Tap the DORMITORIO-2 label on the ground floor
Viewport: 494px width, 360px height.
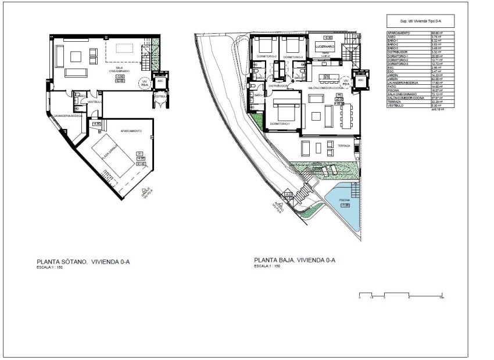tap(267, 57)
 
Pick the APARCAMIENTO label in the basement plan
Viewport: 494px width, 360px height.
tap(131, 131)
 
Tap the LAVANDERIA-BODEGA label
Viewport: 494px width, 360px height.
tap(68, 116)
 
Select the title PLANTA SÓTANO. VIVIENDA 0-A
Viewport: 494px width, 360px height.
tap(83, 262)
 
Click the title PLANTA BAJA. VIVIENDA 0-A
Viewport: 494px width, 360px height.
tap(294, 260)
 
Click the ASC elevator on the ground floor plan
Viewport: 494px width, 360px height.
tap(360, 80)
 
